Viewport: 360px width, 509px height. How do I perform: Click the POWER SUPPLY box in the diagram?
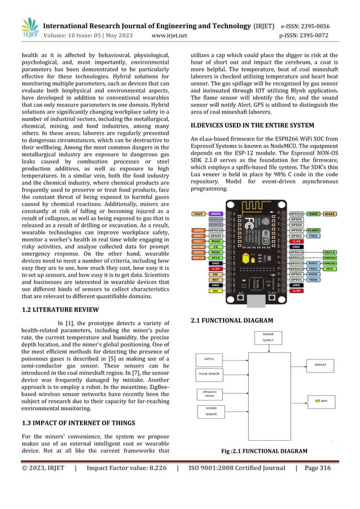click(269, 337)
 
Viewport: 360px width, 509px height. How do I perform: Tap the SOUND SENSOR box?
click(212, 411)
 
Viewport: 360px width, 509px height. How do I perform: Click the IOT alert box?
click(319, 401)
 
